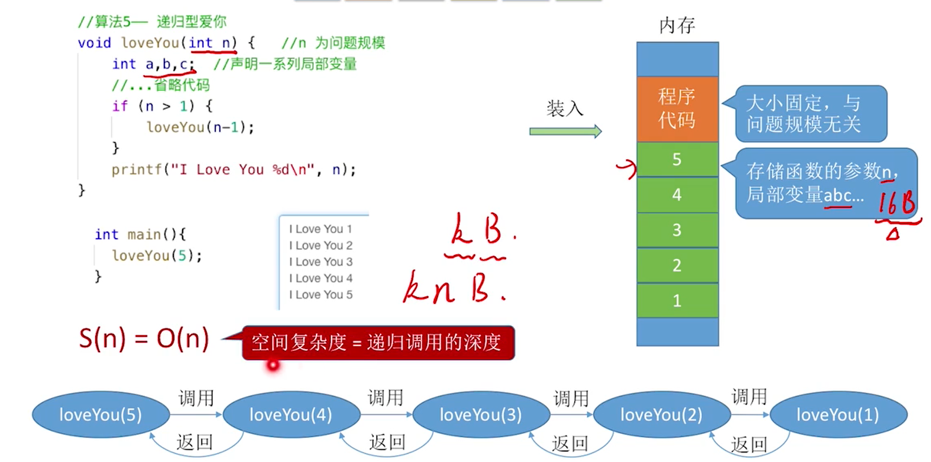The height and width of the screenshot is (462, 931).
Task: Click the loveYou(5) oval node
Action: [x=101, y=415]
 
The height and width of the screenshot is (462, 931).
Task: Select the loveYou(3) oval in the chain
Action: [x=481, y=415]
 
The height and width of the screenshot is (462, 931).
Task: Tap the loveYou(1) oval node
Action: [x=838, y=415]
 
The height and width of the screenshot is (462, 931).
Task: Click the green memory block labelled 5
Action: [x=677, y=159]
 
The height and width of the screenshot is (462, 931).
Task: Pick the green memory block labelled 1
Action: [x=677, y=300]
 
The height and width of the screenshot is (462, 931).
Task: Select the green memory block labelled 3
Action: [x=677, y=230]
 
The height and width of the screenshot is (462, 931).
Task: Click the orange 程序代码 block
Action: [x=677, y=109]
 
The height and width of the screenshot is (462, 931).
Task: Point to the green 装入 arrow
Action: [x=565, y=132]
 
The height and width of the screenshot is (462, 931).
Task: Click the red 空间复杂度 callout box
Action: [x=377, y=343]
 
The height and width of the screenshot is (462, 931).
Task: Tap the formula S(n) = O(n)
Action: [x=144, y=339]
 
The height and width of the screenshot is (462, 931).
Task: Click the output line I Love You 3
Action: [x=321, y=262]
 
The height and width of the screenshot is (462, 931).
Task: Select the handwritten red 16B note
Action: [x=897, y=203]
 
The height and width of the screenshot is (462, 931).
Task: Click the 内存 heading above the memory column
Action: [x=677, y=25]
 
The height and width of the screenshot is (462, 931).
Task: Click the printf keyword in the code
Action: [x=136, y=170]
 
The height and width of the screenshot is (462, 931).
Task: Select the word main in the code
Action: [x=144, y=235]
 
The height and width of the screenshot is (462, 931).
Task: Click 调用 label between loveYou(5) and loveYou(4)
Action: [x=196, y=398]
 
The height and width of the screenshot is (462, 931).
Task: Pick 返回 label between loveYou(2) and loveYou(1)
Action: [x=749, y=444]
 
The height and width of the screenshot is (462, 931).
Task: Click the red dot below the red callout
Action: [x=273, y=366]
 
